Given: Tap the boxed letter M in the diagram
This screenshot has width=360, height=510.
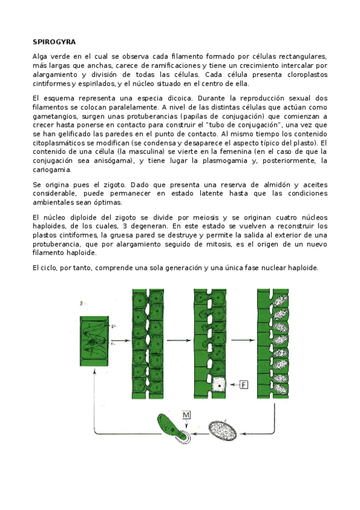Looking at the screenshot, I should click(188, 416).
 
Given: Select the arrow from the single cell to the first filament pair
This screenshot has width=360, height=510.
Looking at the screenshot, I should click(120, 340).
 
